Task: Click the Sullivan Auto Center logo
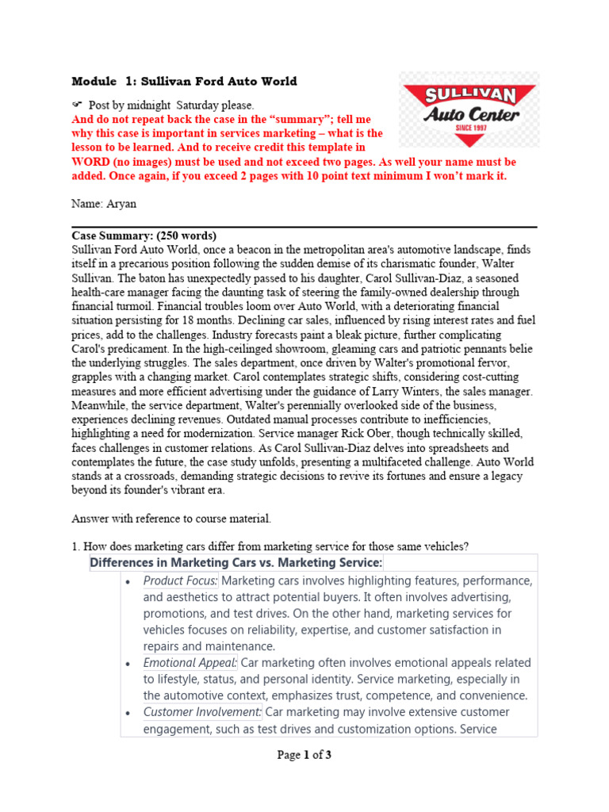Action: (469, 109)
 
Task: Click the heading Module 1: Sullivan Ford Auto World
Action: (185, 81)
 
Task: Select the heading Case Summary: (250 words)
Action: (144, 236)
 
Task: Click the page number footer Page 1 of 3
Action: (304, 755)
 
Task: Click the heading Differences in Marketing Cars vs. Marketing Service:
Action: (236, 562)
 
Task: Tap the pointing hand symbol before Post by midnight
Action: (78, 104)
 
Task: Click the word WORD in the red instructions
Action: (90, 162)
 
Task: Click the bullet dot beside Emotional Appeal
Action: (129, 663)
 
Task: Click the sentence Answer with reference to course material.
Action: (172, 519)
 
